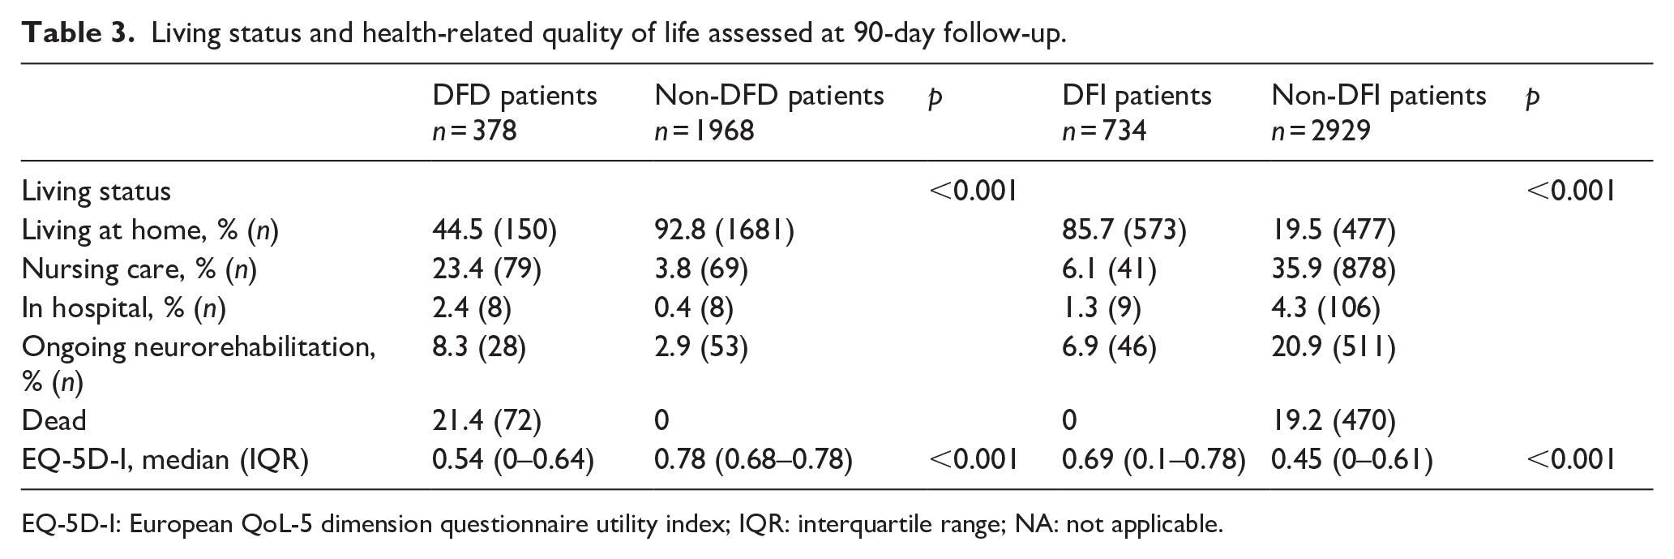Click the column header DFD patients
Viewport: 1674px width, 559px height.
pos(514,96)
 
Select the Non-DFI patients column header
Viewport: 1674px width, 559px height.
pos(1379,96)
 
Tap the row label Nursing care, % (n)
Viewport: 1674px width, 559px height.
pos(139,269)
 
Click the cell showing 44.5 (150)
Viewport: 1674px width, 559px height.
pos(494,231)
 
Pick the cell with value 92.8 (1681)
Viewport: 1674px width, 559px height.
pos(724,231)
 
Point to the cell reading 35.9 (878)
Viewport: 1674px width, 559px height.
pos(1333,269)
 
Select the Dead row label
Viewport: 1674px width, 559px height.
pos(54,420)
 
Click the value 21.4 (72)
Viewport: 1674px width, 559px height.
pos(486,420)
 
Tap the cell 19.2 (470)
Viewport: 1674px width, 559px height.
pos(1333,420)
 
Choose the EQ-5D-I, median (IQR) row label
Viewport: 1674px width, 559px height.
pos(165,459)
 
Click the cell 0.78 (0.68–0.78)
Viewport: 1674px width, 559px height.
pos(753,459)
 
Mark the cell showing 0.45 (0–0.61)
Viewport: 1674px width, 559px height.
pos(1351,459)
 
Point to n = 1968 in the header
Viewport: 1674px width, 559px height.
pos(704,131)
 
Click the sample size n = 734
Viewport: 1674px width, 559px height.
pos(1104,131)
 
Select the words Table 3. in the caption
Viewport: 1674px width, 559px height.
pos(78,33)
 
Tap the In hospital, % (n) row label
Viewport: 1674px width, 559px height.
pos(124,308)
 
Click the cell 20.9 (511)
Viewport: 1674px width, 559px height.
pos(1333,347)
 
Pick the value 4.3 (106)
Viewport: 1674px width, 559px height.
pos(1325,308)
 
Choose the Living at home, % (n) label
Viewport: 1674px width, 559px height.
pos(150,231)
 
